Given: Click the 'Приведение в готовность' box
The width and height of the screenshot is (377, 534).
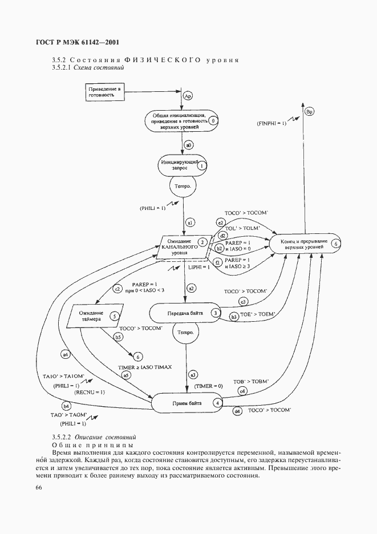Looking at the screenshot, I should click(105, 92).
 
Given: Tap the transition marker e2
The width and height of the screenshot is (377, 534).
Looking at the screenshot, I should click(221, 222).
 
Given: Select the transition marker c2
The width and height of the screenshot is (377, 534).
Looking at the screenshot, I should click(118, 289).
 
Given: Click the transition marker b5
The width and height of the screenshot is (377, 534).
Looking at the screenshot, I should click(119, 337).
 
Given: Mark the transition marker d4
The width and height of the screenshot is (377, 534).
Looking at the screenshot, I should click(237, 410).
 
